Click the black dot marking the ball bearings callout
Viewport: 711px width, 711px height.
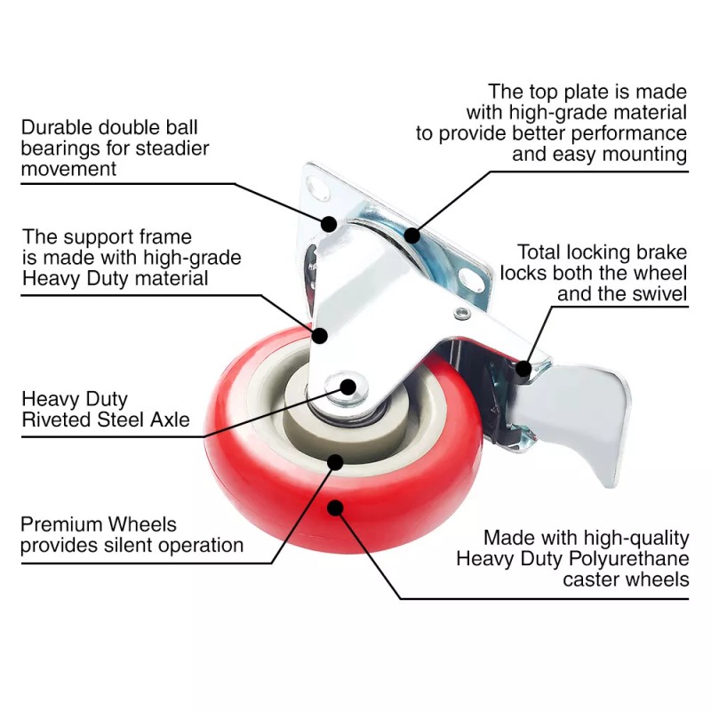329,224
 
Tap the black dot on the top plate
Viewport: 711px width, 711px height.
411,235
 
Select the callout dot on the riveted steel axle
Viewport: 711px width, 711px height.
348,387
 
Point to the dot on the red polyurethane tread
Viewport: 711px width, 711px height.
335,507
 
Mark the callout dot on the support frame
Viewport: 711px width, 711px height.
319,335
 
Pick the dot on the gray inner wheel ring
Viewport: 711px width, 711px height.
335,461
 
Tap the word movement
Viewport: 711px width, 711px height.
68,169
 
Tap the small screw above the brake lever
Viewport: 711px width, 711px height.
460,314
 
